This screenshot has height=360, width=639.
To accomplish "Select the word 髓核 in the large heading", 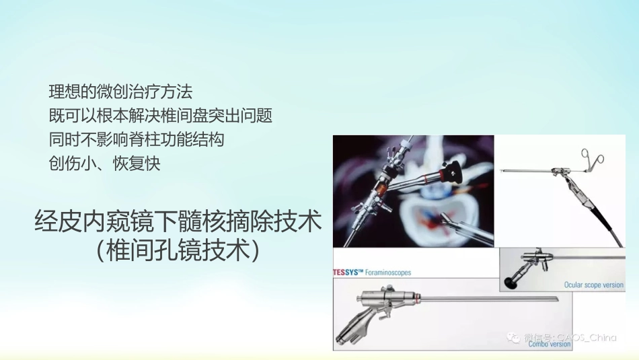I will (215, 222).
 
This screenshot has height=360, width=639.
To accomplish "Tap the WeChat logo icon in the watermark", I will (514, 337).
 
